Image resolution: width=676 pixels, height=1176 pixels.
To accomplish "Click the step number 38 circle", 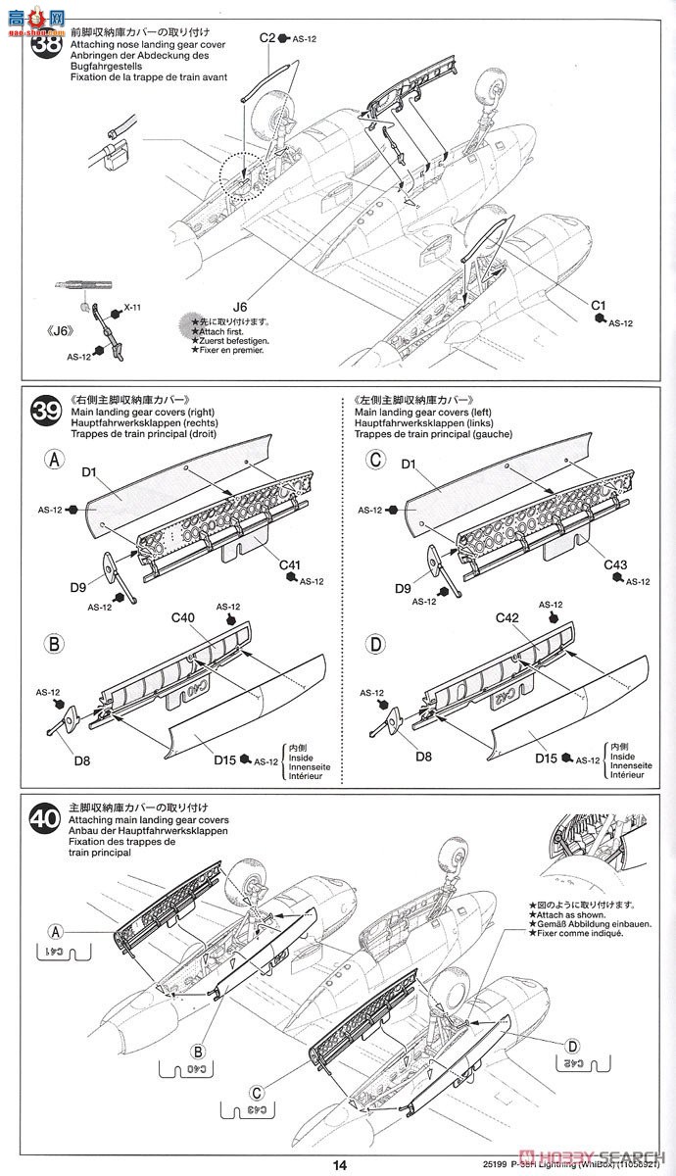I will point(45,45).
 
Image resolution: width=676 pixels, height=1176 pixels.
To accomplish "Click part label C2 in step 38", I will point(267,38).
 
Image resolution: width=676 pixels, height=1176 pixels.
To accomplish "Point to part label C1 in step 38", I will point(599,307).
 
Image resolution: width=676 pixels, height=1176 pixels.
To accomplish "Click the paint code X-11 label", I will point(131,308).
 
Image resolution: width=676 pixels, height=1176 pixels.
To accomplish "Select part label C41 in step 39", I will point(290,564).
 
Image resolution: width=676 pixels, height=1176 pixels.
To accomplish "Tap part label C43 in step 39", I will point(615,564).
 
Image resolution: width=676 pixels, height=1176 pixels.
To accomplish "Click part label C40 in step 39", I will point(184,618).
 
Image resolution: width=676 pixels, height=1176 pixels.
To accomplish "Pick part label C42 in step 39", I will point(507,617).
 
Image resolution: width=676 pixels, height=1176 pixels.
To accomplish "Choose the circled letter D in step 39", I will point(375,645).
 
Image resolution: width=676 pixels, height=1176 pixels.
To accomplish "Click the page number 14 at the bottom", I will point(339,1165).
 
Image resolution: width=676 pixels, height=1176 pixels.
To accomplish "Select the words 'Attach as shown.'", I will point(567,914).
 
